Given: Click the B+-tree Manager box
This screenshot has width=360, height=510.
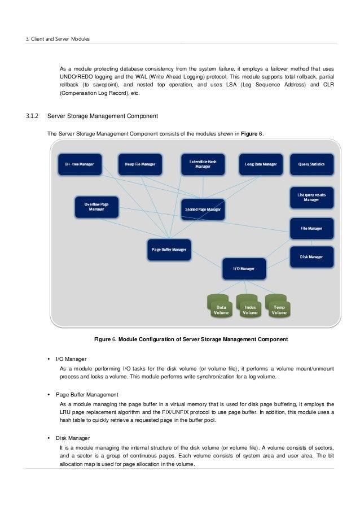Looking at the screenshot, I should tap(80, 164).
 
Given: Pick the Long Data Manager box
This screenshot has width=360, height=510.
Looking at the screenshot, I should tap(261, 164).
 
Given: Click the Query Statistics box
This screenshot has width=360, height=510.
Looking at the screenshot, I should tap(312, 164).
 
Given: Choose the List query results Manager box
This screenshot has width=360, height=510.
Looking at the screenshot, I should tap(311, 197).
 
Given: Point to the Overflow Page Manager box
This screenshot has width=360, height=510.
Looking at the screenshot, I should tap(96, 206).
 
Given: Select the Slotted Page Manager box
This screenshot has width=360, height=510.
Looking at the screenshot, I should tap(203, 209).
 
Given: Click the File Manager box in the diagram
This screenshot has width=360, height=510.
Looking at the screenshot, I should tap(311, 228).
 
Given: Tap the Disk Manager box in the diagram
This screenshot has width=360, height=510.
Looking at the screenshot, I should tap(311, 256).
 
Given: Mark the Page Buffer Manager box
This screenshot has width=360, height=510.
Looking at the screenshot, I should tap(169, 249).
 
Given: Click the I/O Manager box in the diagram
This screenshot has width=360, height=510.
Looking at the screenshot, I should tap(244, 268).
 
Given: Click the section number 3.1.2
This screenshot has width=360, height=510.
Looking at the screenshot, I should tap(32, 117).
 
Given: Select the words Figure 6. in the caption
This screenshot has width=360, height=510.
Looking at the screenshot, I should tap(104, 339).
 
